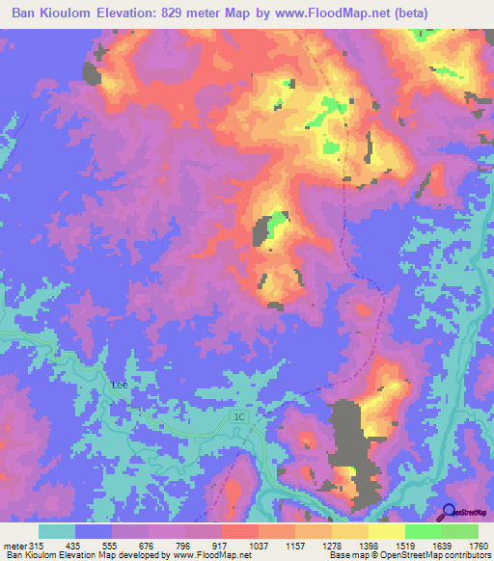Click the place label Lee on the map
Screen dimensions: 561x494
coord(120,385)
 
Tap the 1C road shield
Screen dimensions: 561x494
coord(240,416)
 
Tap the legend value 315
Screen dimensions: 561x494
coord(35,546)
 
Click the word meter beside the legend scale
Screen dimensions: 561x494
coord(14,546)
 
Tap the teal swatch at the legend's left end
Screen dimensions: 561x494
coord(57,531)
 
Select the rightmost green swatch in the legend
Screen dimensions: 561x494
coord(460,531)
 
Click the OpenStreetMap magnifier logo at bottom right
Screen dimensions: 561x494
coord(450,513)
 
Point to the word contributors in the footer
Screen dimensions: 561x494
coord(466,556)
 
